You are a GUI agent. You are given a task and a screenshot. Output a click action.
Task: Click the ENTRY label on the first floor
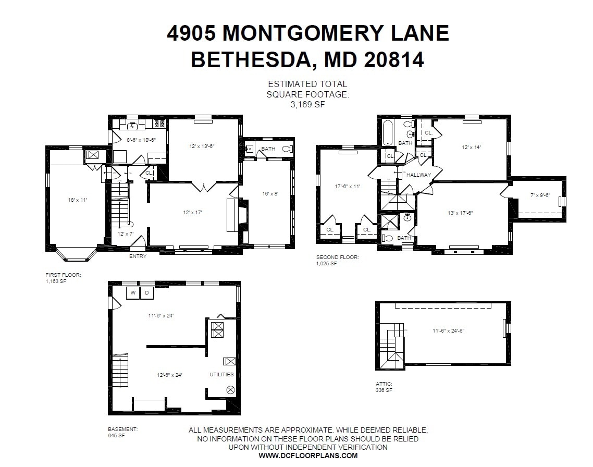tap(138, 256)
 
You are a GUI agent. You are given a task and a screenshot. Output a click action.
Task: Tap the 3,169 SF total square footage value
tap(307, 104)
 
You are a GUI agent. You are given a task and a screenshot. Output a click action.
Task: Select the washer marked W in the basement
tap(133, 293)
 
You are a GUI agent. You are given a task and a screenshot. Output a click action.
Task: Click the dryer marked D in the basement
tap(146, 293)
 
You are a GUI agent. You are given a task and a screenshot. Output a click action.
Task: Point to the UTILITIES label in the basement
tap(221, 374)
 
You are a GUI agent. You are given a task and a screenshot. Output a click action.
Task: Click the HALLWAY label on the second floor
tap(418, 175)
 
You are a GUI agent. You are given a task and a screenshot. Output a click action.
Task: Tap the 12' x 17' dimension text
tap(192, 212)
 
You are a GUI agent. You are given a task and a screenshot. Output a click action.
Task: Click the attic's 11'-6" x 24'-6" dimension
tap(451, 330)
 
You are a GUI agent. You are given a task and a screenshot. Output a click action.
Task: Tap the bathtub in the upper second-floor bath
tap(388, 133)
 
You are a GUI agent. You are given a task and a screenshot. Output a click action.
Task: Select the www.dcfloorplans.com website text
tap(308, 455)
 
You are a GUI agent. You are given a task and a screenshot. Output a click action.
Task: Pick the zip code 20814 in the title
tap(393, 59)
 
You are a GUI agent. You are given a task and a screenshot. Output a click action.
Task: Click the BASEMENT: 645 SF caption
tap(123, 432)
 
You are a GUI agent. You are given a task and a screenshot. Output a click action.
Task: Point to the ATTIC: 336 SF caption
tap(384, 387)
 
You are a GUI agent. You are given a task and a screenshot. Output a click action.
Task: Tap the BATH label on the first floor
tap(268, 149)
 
